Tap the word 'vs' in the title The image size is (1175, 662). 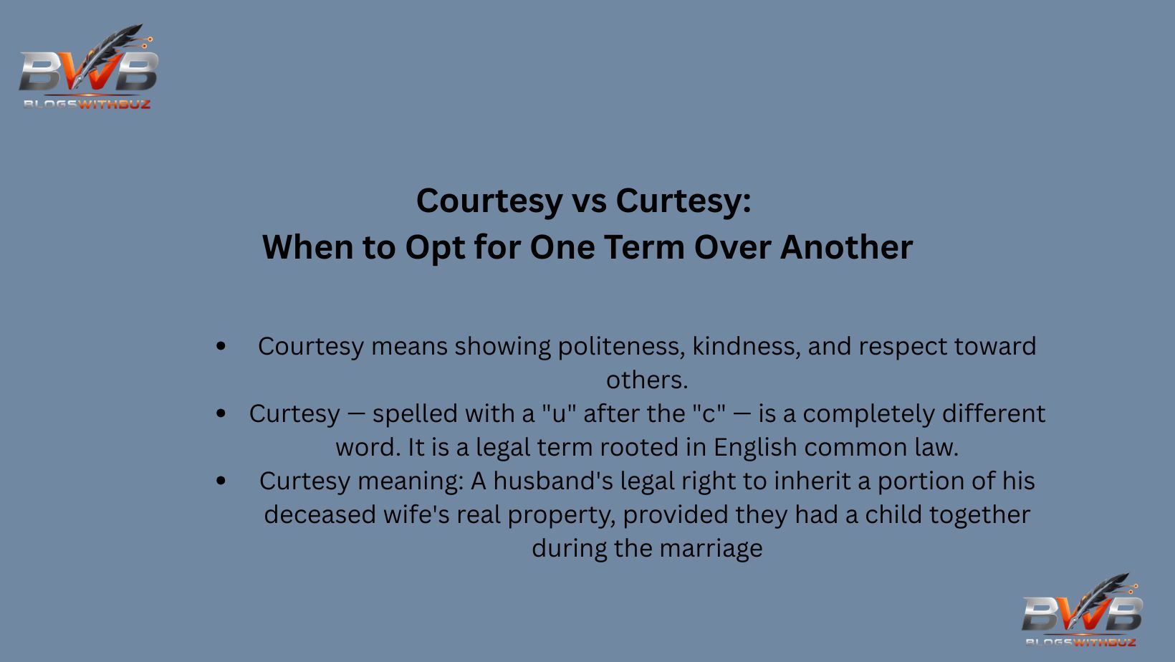[589, 201]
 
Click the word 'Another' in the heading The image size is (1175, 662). [846, 247]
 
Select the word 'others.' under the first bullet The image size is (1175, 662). [647, 380]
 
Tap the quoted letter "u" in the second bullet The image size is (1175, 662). [558, 414]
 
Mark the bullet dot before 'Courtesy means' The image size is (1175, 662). [221, 347]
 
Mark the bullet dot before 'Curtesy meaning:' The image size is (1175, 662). [221, 481]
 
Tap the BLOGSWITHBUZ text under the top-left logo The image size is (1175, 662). [87, 105]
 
